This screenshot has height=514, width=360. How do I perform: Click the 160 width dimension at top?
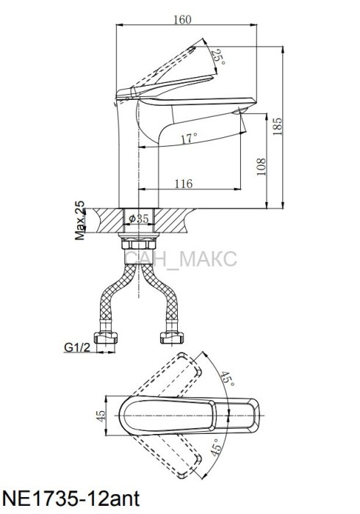pos(182,20)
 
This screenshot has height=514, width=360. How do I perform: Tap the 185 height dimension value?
pos(278,126)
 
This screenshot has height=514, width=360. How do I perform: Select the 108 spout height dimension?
pos(262,167)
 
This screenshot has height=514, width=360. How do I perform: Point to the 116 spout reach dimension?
pos(183,184)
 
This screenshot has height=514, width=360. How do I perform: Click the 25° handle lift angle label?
pos(219,57)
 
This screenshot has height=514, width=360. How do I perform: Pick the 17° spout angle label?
pos(189,138)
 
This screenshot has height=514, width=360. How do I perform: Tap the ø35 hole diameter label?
pos(139,218)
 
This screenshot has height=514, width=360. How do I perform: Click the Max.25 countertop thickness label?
pos(79,220)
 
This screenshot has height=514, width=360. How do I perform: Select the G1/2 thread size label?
pos(77,347)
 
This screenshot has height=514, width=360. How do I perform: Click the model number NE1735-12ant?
pos(71,499)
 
